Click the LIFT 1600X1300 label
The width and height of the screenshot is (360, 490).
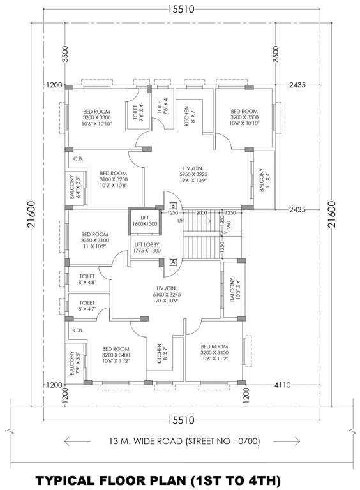click(144, 221)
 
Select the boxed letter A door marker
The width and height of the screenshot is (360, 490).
click(173, 261)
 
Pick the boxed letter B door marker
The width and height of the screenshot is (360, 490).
click(173, 205)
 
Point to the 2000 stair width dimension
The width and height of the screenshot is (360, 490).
click(202, 212)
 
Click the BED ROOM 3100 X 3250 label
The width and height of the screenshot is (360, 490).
click(113, 180)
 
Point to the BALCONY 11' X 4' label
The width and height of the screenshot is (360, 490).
click(262, 180)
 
